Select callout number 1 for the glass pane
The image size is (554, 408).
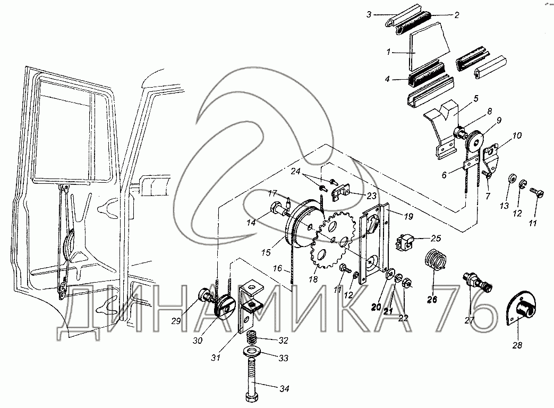coord(388,53)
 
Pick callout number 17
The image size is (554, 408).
coord(272,192)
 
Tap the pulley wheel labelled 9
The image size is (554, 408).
coord(474,143)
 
